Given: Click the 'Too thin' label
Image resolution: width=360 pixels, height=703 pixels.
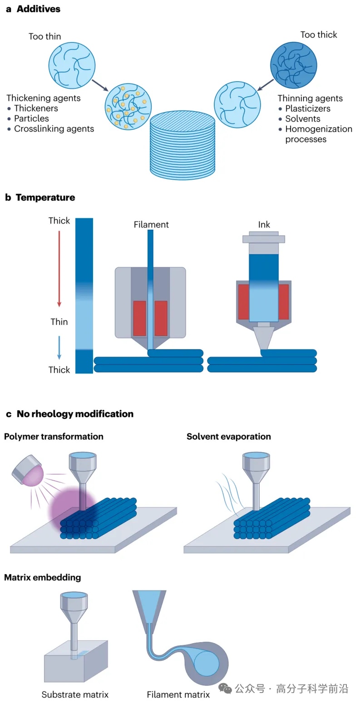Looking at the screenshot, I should (x=44, y=36).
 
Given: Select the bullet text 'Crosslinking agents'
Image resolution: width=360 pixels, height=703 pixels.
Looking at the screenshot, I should (x=54, y=129).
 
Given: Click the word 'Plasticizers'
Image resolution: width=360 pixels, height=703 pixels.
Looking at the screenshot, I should (x=307, y=108).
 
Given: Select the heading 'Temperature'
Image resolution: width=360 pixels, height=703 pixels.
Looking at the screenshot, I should (x=45, y=197).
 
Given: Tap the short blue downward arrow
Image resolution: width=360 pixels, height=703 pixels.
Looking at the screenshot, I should (x=59, y=347).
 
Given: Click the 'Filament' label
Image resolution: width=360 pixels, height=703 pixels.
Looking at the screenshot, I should (x=151, y=225).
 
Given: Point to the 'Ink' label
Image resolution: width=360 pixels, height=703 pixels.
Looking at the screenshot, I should (x=264, y=225).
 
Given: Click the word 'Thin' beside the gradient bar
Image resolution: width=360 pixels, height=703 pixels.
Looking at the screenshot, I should (x=59, y=322).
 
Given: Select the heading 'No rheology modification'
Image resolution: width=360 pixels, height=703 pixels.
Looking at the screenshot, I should (x=75, y=414).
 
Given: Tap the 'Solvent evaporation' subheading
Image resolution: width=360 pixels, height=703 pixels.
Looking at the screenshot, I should (x=228, y=437).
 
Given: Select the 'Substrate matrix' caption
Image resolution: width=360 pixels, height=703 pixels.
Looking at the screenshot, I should (x=75, y=694).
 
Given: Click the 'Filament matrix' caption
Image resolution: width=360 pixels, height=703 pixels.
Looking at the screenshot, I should (x=178, y=694).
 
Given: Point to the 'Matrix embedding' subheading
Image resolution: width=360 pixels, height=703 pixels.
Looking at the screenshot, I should (x=42, y=578).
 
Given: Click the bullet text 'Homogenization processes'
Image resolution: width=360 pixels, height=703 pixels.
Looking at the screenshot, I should (x=318, y=134).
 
